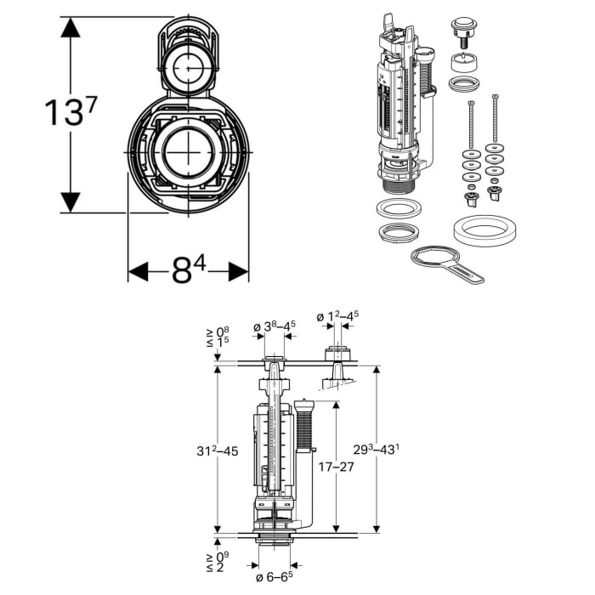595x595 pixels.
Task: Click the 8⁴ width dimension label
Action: [188, 270]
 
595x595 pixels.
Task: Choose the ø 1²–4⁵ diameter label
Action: [337, 316]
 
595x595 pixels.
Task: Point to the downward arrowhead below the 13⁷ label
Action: [70, 201]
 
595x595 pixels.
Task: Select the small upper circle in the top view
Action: [188, 65]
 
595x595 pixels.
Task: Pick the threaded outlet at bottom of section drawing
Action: [273, 543]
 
